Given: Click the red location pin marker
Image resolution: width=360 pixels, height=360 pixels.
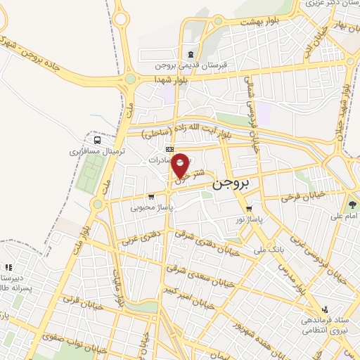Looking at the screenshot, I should pyautogui.click(x=181, y=165).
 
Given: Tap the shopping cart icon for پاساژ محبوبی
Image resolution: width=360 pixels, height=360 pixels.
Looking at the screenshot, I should pyautogui.click(x=151, y=197).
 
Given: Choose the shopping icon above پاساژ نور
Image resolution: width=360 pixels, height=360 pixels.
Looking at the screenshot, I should pyautogui.click(x=250, y=208).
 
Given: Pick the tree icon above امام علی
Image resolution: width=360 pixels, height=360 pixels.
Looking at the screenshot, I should pyautogui.click(x=352, y=205).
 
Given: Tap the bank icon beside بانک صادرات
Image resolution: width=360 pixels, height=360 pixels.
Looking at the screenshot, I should pyautogui.click(x=169, y=149).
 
